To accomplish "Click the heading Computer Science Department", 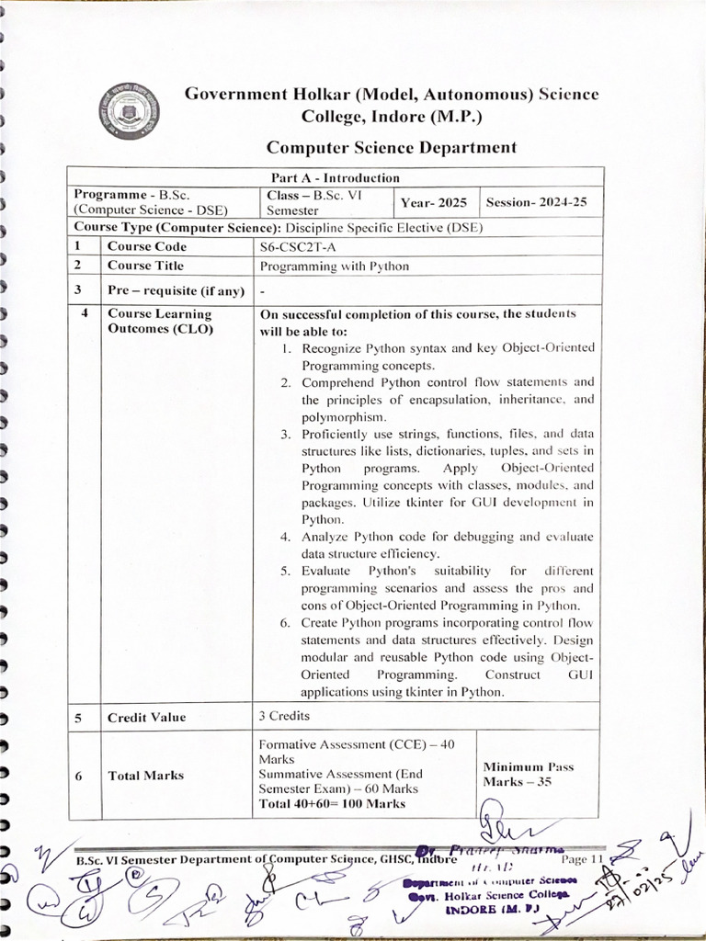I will point(391,147).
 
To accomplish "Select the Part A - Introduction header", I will point(335,177).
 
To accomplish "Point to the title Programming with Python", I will point(335,266).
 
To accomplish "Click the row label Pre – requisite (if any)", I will point(176,291).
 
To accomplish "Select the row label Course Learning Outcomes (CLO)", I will point(160,322).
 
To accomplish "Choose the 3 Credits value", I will point(284,716).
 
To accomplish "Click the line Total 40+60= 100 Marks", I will point(332,803).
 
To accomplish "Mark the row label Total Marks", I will point(145,776).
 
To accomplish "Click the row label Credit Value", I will point(146,718).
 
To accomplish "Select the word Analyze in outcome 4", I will point(327,537).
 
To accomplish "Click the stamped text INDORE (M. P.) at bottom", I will point(484,909).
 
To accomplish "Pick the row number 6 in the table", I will point(79,776).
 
